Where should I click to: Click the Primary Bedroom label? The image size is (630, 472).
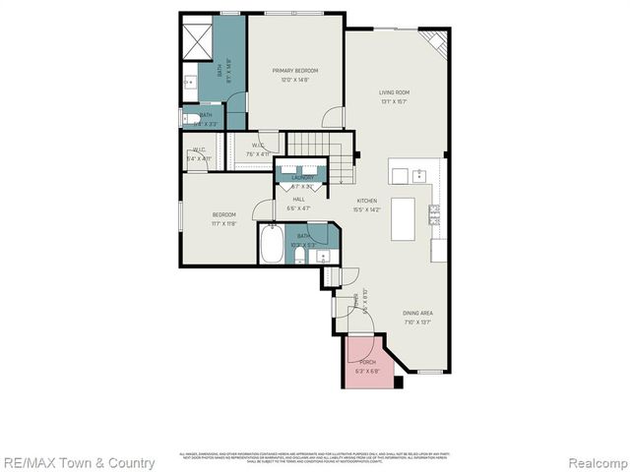[x=294, y=71]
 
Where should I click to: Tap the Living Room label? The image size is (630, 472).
[x=394, y=92]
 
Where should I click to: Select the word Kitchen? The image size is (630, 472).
[x=366, y=201]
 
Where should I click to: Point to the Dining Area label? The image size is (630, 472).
[x=417, y=314]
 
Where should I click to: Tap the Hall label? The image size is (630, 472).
[x=297, y=200]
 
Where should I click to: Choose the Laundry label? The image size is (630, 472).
[x=302, y=178]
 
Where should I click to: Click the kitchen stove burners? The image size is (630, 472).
[x=433, y=213]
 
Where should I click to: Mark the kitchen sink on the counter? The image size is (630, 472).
[x=418, y=175]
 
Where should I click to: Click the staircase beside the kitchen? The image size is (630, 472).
[x=340, y=157]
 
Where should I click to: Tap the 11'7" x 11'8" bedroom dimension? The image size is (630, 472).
[x=225, y=223]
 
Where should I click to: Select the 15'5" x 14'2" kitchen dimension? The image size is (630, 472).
[x=366, y=208]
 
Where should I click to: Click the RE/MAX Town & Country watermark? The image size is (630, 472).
[x=78, y=462]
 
